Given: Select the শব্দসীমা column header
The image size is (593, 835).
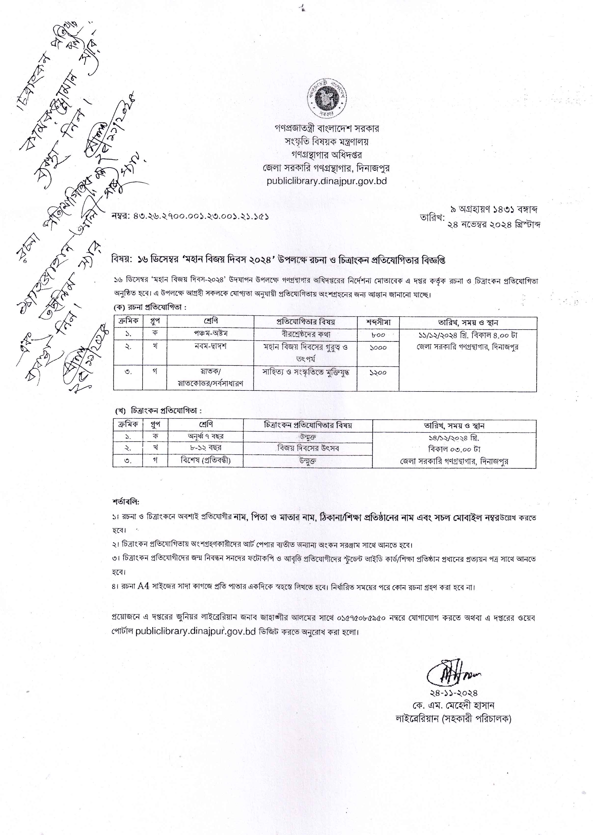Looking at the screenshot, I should (x=378, y=322).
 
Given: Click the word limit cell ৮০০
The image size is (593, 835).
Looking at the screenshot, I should (x=378, y=334).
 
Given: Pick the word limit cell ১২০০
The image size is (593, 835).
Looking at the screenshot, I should (x=378, y=373).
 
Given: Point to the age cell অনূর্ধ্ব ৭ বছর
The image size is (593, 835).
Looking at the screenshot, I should (x=206, y=436).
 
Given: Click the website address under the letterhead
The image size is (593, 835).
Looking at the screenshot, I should (x=326, y=181).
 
